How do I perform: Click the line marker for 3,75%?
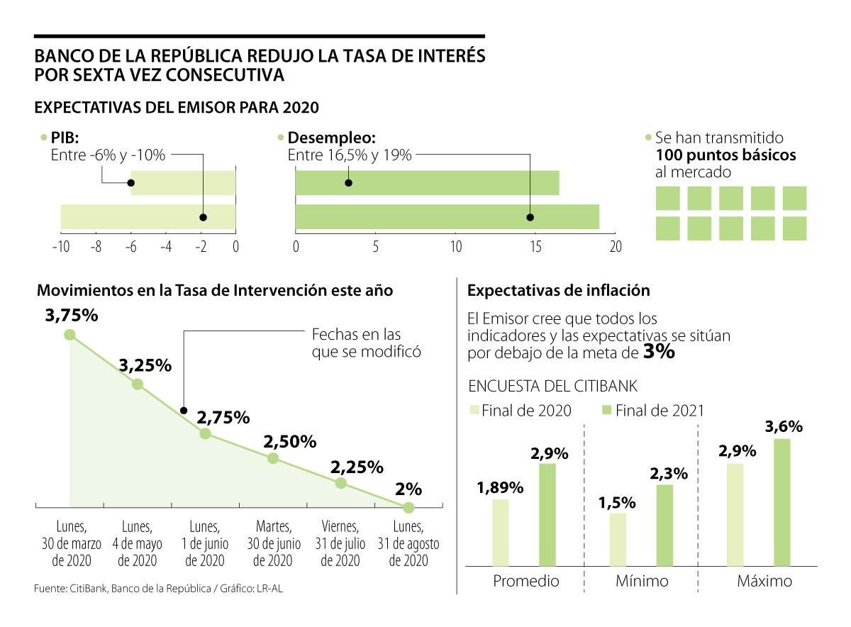pyautogui.click(x=69, y=335)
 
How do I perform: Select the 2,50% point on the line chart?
pyautogui.click(x=273, y=458)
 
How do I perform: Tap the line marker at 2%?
pyautogui.click(x=408, y=508)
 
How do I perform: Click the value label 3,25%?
pyautogui.click(x=145, y=366)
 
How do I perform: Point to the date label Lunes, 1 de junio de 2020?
pyautogui.click(x=206, y=543)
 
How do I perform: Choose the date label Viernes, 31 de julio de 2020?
pyautogui.click(x=340, y=543)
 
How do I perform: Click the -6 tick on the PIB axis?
pyautogui.click(x=130, y=247)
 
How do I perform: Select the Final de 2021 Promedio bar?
pyautogui.click(x=547, y=515)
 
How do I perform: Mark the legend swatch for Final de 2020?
pyautogui.click(x=474, y=410)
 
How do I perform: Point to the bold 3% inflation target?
pyautogui.click(x=659, y=351)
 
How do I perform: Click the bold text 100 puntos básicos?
pyautogui.click(x=725, y=155)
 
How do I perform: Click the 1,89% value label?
pyautogui.click(x=500, y=488)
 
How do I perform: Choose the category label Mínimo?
pyautogui.click(x=641, y=582)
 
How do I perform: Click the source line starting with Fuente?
pyautogui.click(x=162, y=589)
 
